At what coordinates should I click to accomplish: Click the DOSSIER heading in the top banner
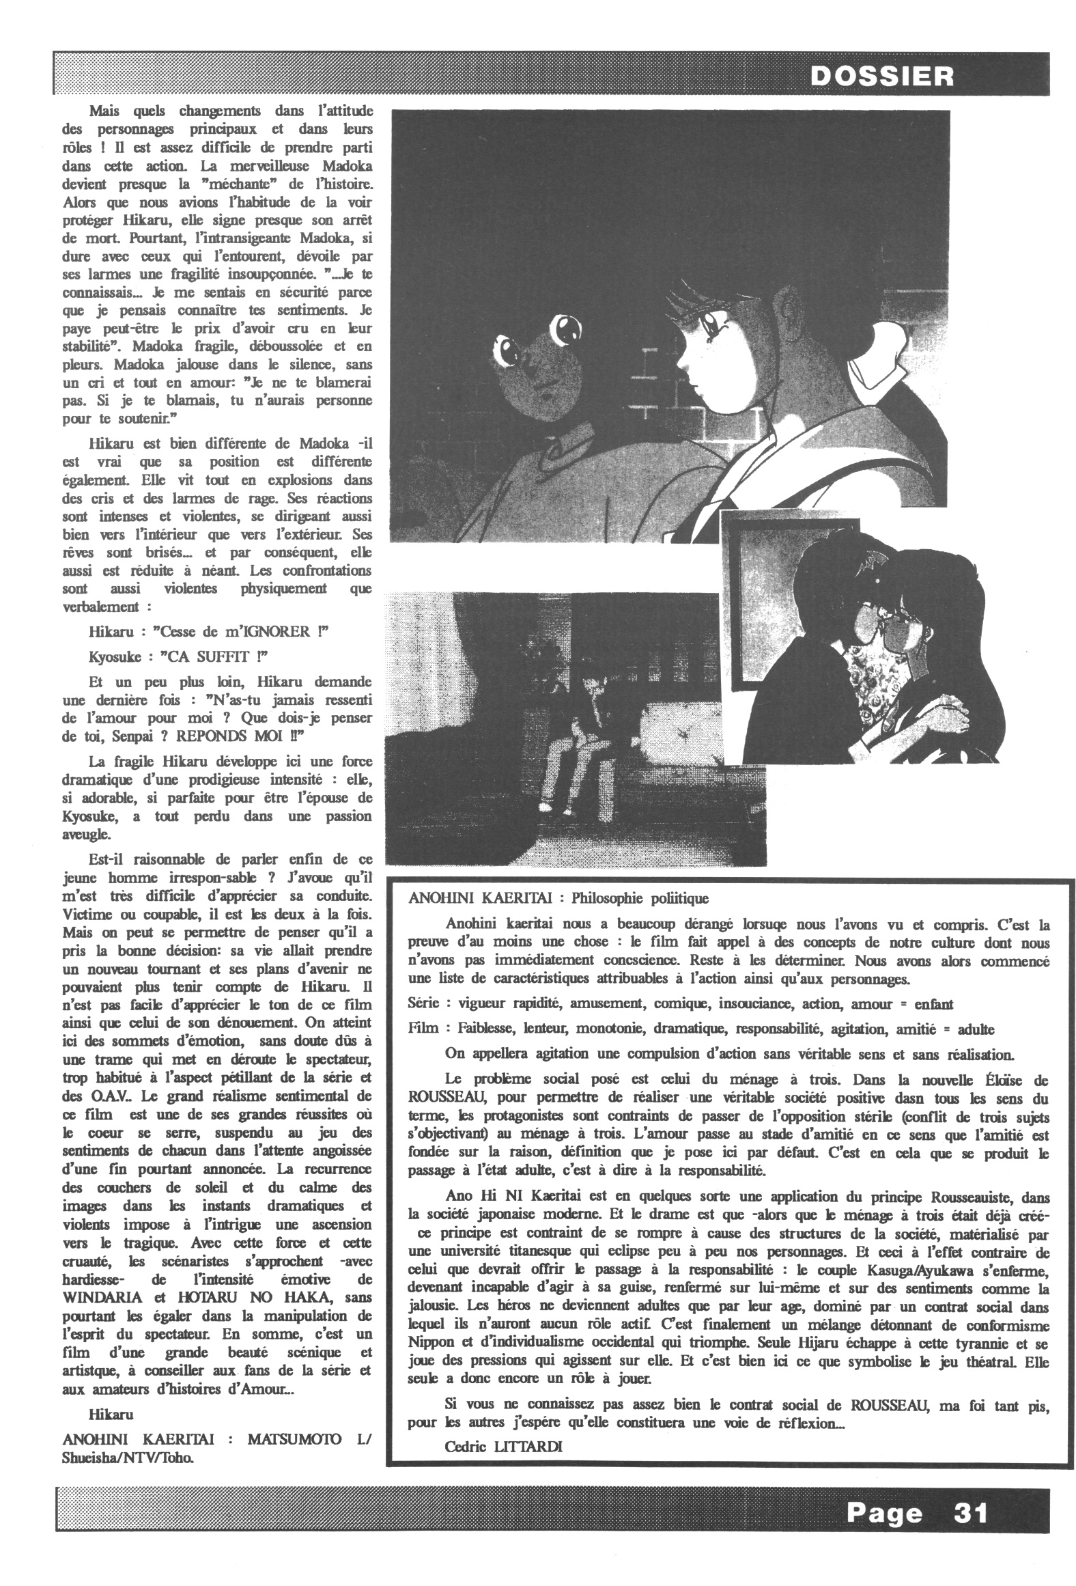point(881,75)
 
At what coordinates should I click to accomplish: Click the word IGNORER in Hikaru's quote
point(276,631)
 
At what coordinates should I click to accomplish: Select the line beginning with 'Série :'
point(680,1004)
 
